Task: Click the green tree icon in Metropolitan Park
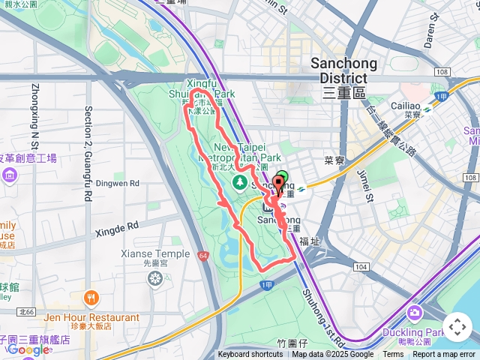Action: tap(240, 182)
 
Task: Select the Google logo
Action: tap(28, 349)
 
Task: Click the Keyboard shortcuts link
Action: tap(250, 355)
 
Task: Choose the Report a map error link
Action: tap(443, 355)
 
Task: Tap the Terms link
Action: tap(393, 355)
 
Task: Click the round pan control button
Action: tap(457, 327)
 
